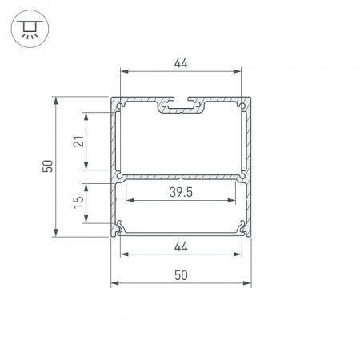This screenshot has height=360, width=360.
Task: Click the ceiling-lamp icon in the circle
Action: [x=28, y=30]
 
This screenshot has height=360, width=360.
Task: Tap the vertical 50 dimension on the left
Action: [x=47, y=166]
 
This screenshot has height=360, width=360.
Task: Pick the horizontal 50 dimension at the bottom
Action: [x=181, y=274]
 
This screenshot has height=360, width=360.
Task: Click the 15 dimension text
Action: [x=78, y=202]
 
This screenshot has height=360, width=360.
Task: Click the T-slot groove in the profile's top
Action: [x=181, y=105]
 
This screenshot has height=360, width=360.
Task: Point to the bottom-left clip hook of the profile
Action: [x=120, y=228]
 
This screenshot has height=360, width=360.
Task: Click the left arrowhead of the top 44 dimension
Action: [x=123, y=70]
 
